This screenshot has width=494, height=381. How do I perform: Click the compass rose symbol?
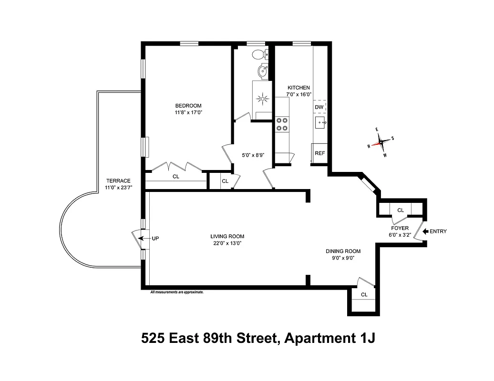pyautogui.click(x=381, y=142)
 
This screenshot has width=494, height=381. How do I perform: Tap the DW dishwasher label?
pyautogui.click(x=319, y=107)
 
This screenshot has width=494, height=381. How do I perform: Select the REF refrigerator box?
pyautogui.click(x=319, y=153)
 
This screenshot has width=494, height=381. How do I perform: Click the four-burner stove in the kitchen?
pyautogui.click(x=282, y=124)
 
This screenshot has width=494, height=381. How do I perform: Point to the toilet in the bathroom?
pyautogui.click(x=260, y=54)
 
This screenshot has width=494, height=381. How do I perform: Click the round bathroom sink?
pyautogui.click(x=262, y=72)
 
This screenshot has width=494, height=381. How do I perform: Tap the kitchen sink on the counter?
pyautogui.click(x=320, y=123)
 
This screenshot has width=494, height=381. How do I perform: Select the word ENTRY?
pyautogui.click(x=438, y=232)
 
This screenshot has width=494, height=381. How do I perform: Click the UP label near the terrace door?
pyautogui.click(x=155, y=238)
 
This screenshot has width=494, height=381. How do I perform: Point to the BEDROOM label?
pyautogui.click(x=188, y=106)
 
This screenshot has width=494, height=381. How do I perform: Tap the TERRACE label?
pyautogui.click(x=118, y=180)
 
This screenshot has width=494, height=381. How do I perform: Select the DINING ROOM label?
pyautogui.click(x=343, y=251)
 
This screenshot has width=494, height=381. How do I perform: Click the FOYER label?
pyautogui.click(x=399, y=228)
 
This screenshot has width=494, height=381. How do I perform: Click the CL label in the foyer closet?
pyautogui.click(x=401, y=210)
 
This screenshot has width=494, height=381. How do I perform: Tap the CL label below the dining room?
pyautogui.click(x=364, y=295)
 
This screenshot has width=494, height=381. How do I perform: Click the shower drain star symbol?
pyautogui.click(x=262, y=100)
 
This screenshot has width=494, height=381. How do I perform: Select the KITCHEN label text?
pyautogui.click(x=298, y=88)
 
